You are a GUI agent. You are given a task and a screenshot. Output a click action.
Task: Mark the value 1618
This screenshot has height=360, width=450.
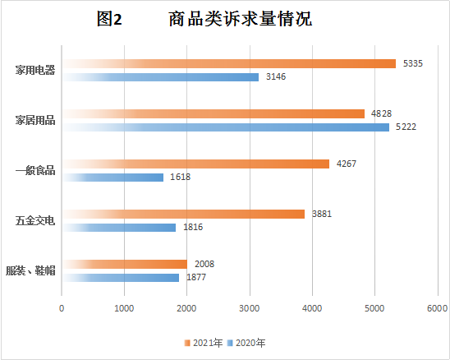(x=181, y=178)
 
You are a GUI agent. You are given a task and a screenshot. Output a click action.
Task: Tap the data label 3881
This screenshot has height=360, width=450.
(x=324, y=214)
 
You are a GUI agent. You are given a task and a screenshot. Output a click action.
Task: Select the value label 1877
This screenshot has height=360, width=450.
(x=195, y=278)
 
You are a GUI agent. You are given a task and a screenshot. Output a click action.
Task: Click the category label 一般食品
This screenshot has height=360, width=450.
(x=35, y=170)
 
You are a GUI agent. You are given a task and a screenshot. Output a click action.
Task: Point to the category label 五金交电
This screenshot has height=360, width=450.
(x=35, y=221)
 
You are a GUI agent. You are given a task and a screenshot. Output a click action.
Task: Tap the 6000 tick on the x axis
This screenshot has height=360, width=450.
(x=436, y=309)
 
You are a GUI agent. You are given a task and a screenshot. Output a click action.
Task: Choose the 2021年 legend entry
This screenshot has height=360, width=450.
(x=205, y=342)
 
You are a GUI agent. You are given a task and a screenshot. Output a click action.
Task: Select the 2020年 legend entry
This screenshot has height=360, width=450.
(x=249, y=342)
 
